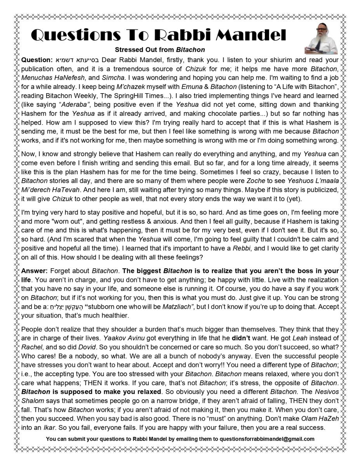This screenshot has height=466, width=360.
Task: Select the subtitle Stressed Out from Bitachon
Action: [160, 50]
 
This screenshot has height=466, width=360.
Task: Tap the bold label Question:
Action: [37, 60]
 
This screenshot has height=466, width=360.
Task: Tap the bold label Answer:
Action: [34, 271]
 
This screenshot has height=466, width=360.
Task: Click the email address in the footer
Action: [267, 439]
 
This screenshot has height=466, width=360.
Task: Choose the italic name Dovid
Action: [87, 347]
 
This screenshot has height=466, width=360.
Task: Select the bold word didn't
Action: [241, 338]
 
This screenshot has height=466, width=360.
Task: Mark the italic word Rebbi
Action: [241, 248]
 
